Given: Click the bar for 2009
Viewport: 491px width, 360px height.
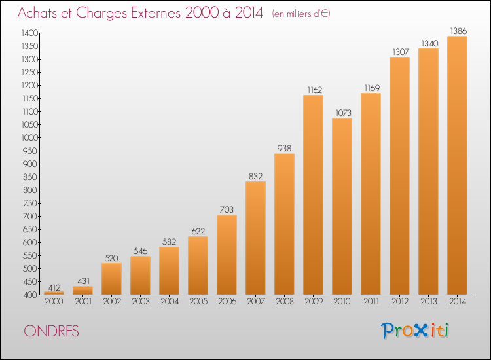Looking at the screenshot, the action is [313, 194].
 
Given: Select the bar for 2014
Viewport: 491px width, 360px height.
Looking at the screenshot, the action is [457, 166].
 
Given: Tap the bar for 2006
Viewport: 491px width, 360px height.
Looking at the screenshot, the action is [227, 255].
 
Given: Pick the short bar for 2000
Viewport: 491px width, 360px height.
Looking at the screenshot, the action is [54, 293].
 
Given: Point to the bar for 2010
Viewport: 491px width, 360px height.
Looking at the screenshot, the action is [342, 206].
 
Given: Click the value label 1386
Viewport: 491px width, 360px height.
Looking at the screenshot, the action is [458, 31].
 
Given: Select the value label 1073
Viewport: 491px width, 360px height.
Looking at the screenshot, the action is [344, 113].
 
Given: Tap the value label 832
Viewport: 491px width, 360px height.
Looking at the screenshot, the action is [256, 176].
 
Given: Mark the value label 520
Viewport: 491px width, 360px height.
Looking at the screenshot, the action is [111, 258].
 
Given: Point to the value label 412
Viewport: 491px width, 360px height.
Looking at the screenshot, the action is [54, 287].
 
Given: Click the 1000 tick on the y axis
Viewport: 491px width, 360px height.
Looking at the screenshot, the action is [29, 137].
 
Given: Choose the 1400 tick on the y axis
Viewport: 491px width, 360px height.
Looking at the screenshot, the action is [29, 33].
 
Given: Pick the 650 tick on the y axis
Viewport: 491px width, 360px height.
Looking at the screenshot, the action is [30, 230].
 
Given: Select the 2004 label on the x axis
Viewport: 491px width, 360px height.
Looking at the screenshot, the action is [170, 302].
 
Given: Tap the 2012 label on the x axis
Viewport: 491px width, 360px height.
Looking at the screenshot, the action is [400, 302].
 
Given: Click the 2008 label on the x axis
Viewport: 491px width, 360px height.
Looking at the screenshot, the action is [285, 302].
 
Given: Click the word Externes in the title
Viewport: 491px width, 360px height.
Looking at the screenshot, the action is [156, 13].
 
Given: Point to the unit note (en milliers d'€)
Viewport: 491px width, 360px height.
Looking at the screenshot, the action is [301, 14].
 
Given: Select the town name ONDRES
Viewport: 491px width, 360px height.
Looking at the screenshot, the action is [51, 331].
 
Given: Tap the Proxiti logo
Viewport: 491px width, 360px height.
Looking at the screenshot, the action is [415, 331].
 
